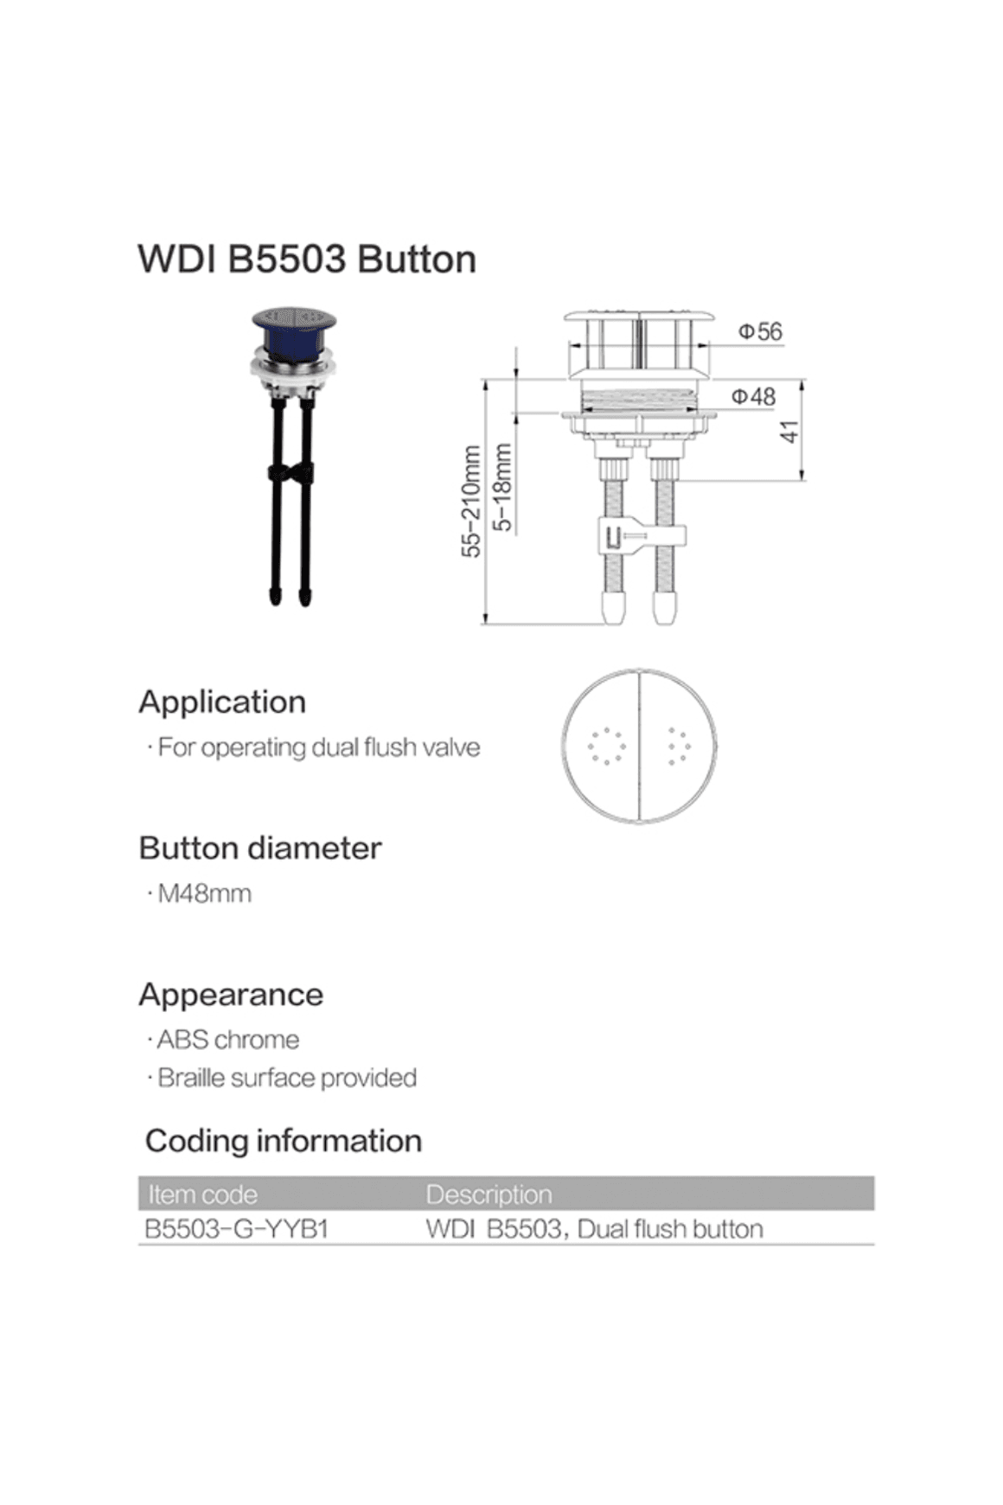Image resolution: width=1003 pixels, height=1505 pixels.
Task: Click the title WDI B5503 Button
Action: click(x=307, y=259)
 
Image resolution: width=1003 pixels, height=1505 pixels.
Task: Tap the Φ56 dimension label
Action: click(x=759, y=331)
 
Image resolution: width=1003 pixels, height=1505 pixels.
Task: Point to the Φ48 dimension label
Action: click(x=753, y=396)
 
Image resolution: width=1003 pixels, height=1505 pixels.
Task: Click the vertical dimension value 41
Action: click(x=789, y=432)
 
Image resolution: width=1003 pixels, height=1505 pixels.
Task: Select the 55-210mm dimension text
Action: click(x=471, y=502)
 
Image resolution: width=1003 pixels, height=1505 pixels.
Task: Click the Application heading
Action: click(x=222, y=701)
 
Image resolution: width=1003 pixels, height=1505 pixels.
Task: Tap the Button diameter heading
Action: click(x=259, y=848)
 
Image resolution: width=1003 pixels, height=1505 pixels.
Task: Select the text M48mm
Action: click(x=204, y=893)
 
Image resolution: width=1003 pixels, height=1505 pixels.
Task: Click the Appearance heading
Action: click(x=231, y=995)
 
